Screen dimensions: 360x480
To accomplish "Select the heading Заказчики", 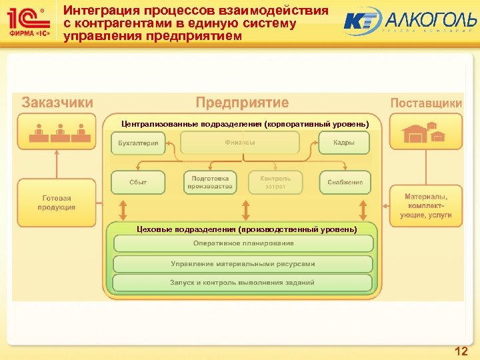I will pyautogui.click(x=57, y=103).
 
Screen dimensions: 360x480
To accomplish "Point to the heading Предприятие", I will pyautogui.click(x=242, y=103).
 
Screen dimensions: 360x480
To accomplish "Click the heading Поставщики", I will pyautogui.click(x=425, y=103).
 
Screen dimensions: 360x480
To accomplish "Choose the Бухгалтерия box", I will pyautogui.click(x=138, y=143).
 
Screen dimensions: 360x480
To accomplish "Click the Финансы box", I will pyautogui.click(x=240, y=143).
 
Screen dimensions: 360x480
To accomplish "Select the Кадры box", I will pyautogui.click(x=344, y=143).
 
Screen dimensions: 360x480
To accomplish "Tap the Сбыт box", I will pyautogui.click(x=138, y=183).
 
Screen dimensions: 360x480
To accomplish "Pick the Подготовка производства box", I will pyautogui.click(x=210, y=183).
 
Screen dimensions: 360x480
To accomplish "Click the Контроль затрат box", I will pyautogui.click(x=275, y=183).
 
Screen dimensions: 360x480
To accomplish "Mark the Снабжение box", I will pyautogui.click(x=345, y=183).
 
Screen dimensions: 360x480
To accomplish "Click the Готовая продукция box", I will pyautogui.click(x=57, y=203).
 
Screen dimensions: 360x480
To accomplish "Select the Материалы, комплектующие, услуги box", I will pyautogui.click(x=426, y=206).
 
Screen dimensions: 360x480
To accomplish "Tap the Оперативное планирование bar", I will pyautogui.click(x=243, y=243).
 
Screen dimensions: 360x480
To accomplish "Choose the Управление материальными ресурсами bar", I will pyautogui.click(x=243, y=263).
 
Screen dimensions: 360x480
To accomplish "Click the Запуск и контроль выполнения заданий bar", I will pyautogui.click(x=243, y=283).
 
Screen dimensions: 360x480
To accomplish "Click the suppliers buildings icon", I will pyautogui.click(x=425, y=131).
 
